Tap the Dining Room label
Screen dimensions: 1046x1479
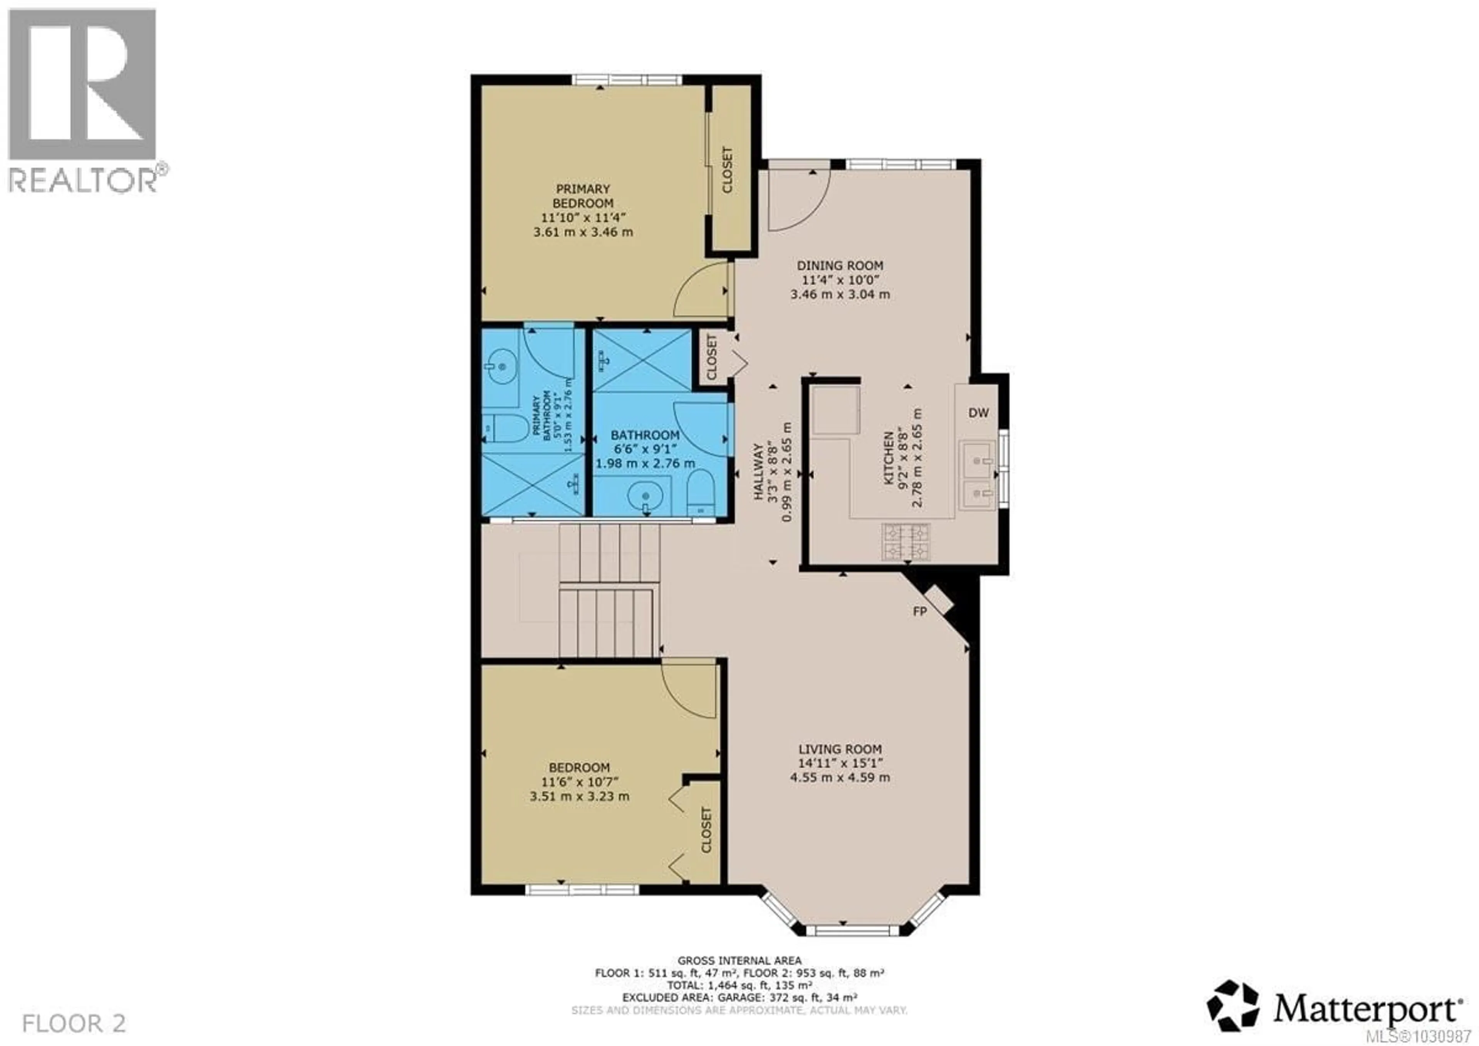tap(840, 265)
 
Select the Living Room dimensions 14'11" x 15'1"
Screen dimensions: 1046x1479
tap(840, 763)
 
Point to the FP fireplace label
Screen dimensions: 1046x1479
tap(920, 611)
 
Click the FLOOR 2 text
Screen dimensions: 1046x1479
tap(74, 1023)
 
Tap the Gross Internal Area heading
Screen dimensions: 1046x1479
tap(739, 960)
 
